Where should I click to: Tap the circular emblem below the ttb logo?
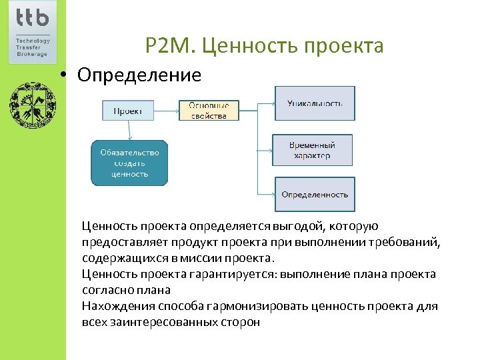tap(32, 105)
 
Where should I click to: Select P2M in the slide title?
tap(169, 46)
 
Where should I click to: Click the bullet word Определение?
tap(139, 75)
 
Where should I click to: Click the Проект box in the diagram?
tap(127, 110)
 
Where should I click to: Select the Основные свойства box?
tap(209, 110)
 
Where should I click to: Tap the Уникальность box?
tap(315, 103)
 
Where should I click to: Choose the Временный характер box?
tap(312, 150)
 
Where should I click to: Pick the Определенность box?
tap(315, 194)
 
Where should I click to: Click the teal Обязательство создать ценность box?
tap(129, 163)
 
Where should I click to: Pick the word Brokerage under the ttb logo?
tap(31, 54)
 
